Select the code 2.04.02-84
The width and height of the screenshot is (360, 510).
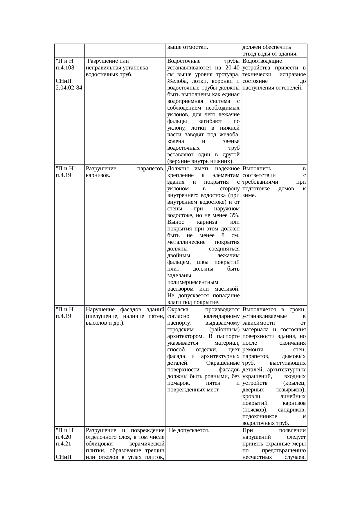click(x=69, y=88)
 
